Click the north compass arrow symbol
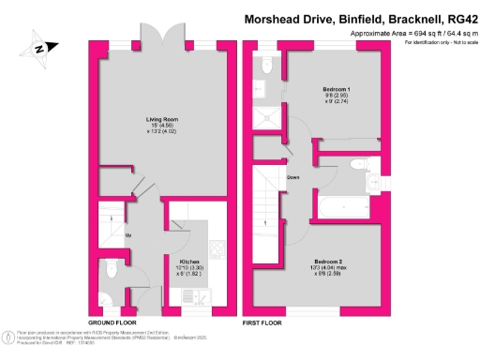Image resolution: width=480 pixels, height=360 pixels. pyautogui.click(x=39, y=48)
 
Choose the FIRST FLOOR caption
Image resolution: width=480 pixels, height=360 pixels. pyautogui.click(x=265, y=322)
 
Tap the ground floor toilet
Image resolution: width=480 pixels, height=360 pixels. pyautogui.click(x=113, y=269)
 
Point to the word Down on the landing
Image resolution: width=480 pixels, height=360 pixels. pyautogui.click(x=293, y=176)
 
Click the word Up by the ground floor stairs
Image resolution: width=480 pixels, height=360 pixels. pyautogui.click(x=127, y=233)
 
